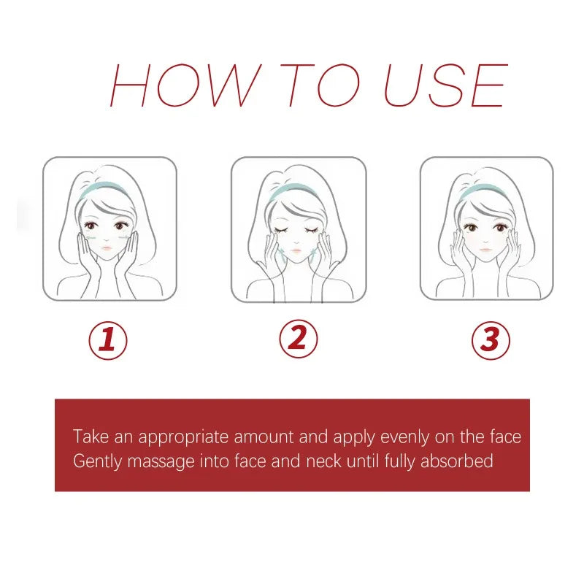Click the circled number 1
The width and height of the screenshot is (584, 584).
108,340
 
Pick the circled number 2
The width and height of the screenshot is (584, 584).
298,339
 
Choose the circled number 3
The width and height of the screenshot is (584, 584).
490,340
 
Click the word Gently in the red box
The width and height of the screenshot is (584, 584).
95,461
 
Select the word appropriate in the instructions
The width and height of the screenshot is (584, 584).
183,438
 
